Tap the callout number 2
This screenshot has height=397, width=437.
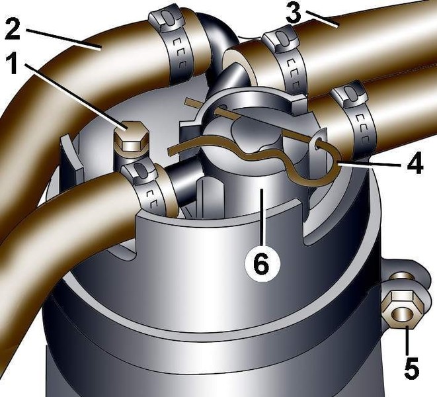(x=13, y=28)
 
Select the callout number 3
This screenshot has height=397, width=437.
(x=294, y=14)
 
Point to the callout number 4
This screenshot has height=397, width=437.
(x=415, y=163)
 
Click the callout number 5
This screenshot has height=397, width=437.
(x=412, y=368)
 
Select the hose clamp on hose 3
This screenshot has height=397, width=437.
(x=287, y=62)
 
